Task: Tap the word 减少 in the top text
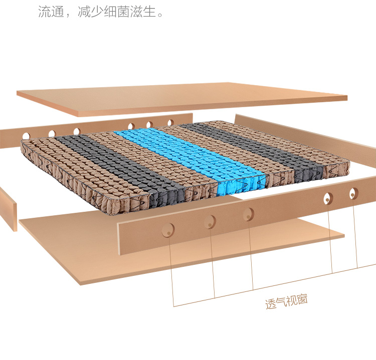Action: [x=91, y=12]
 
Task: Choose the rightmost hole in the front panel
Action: [x=354, y=193]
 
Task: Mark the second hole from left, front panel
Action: [x=210, y=221]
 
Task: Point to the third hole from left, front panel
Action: [x=248, y=214]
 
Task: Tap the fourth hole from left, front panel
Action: [x=328, y=198]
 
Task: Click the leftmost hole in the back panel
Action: [x=26, y=135]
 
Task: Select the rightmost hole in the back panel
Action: [x=170, y=122]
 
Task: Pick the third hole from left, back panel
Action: [x=77, y=131]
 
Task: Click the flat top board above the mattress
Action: [x=180, y=98]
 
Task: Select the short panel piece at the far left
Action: [x=8, y=208]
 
